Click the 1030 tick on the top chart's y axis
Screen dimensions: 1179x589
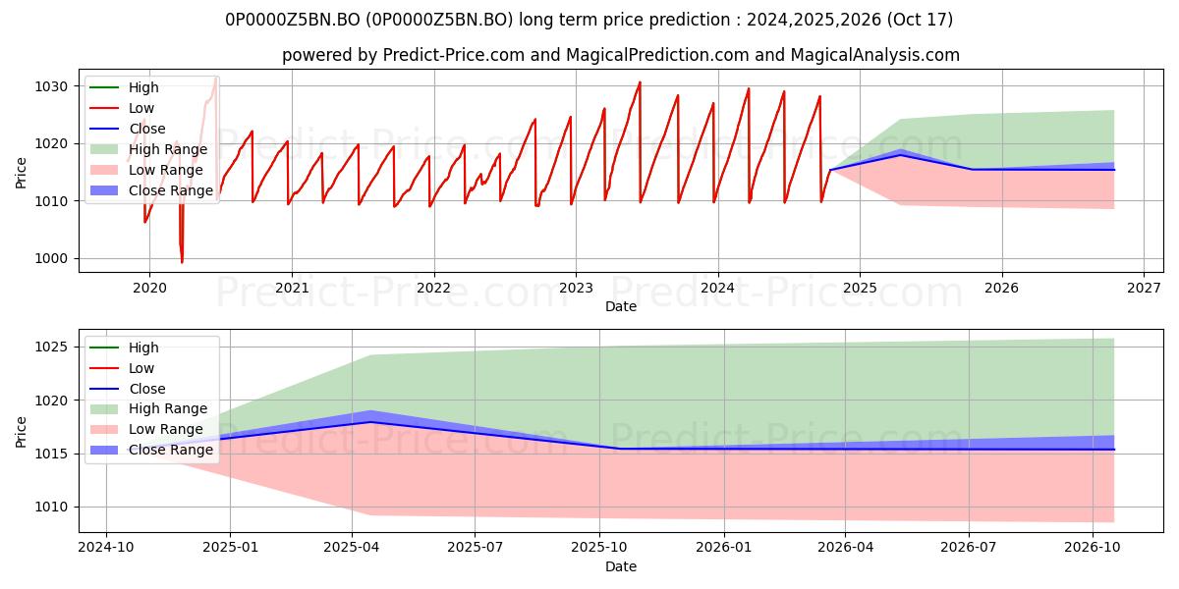pos(51,86)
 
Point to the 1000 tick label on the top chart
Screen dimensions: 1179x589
pos(51,259)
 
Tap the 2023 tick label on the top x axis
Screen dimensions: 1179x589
pos(576,289)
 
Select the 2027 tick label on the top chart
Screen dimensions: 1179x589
pos(1144,289)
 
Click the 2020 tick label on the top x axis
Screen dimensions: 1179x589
pos(149,289)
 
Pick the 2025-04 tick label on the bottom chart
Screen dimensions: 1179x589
pos(352,548)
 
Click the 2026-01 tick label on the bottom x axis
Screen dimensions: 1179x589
pos(724,548)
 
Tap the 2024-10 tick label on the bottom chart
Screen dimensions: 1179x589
pos(106,548)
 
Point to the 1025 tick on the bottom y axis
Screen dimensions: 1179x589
pos(51,348)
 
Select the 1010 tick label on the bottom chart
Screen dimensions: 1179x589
pos(51,508)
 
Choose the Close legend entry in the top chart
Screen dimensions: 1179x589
pos(128,129)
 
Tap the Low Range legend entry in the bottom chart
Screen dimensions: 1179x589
pos(146,429)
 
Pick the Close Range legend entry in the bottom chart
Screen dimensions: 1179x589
pos(151,451)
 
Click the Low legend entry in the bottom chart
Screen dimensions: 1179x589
pos(122,368)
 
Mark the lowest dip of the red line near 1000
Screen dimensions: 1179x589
pos(182,262)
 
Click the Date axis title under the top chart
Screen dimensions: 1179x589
pos(621,306)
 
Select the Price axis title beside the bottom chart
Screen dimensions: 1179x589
pos(21,432)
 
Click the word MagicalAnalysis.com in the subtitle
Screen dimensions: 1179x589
pos(874,55)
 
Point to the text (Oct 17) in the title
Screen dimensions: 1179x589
pos(920,20)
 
